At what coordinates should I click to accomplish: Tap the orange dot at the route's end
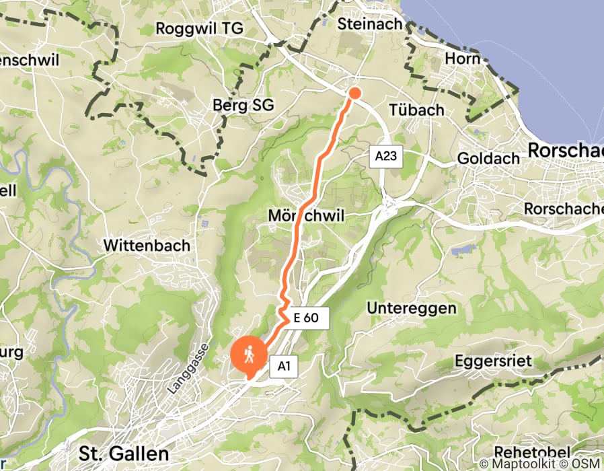[354, 93]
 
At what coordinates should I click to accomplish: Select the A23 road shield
[385, 157]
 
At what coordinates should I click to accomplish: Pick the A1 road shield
[283, 367]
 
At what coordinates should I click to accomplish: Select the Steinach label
[370, 24]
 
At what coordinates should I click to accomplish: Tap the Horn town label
[462, 59]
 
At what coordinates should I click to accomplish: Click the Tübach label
[416, 110]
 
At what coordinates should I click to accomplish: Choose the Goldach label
[488, 158]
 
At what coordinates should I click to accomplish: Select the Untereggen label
[412, 308]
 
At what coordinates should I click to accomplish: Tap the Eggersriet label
[493, 361]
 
